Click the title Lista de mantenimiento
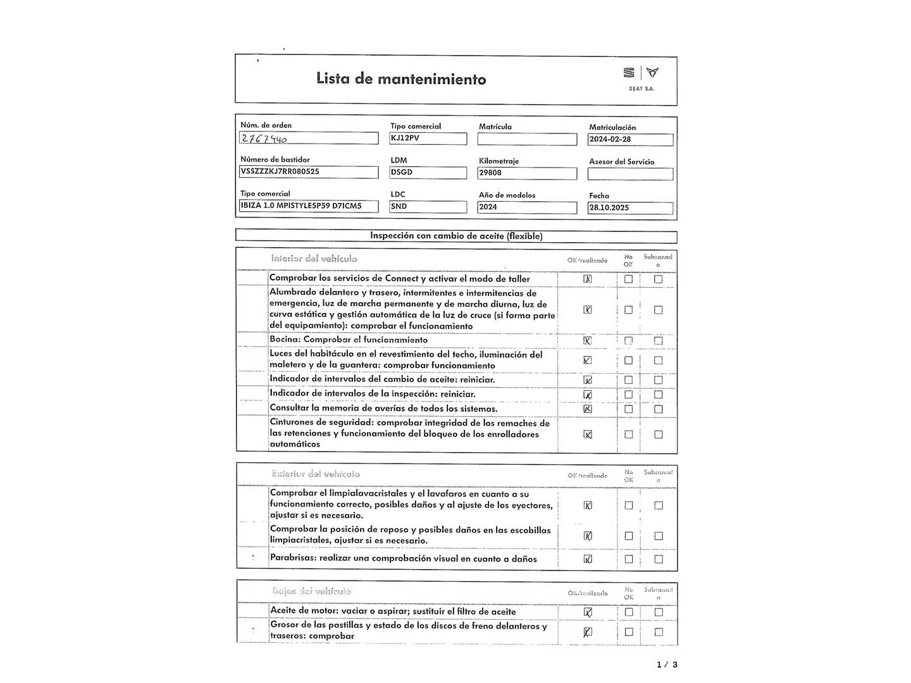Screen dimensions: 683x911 point(401,79)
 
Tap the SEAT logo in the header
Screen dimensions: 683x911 point(641,73)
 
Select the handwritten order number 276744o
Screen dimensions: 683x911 point(264,138)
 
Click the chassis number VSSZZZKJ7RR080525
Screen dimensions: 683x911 point(280,171)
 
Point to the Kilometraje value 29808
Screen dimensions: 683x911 point(490,173)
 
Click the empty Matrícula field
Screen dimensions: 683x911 point(527,139)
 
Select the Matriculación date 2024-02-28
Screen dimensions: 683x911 point(610,140)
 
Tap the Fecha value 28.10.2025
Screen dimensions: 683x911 point(609,207)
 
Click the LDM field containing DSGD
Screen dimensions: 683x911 point(428,172)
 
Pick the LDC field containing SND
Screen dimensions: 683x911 point(428,207)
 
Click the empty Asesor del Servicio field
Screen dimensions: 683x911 point(630,174)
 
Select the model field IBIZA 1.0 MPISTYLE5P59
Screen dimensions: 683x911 point(301,206)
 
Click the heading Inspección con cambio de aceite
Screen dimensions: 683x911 point(456,236)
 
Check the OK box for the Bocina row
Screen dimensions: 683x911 point(588,340)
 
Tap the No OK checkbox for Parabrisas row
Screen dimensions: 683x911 point(628,559)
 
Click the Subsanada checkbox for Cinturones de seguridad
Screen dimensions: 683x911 point(659,434)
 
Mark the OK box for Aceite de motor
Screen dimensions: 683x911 point(588,612)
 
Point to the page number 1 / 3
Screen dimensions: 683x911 point(667,665)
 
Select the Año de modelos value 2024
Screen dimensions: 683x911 point(488,207)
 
